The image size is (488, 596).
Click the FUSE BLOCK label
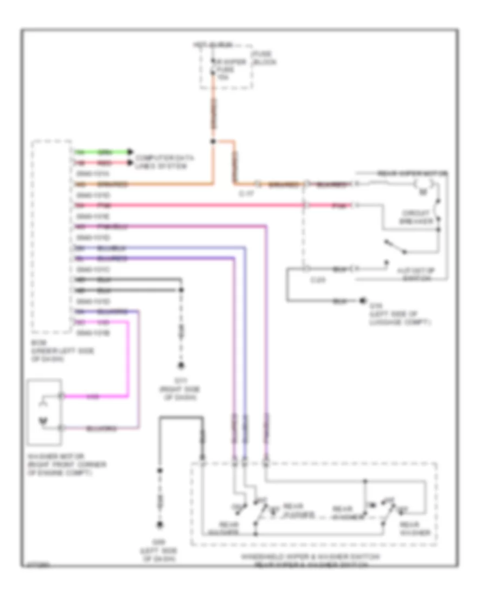coord(264,58)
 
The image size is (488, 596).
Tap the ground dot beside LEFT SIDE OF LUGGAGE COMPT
coord(362,301)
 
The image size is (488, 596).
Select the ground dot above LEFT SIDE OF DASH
coord(160,524)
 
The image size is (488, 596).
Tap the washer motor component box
coord(44,408)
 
